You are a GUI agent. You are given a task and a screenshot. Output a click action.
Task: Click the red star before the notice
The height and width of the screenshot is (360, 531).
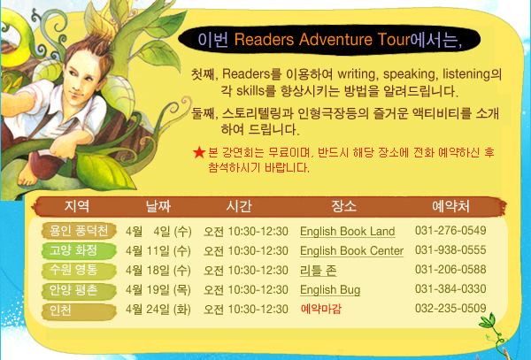click(199, 153)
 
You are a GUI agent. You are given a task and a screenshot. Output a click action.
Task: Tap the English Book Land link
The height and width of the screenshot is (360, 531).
click(348, 232)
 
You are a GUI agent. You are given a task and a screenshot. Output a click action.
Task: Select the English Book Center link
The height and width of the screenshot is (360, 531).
click(351, 250)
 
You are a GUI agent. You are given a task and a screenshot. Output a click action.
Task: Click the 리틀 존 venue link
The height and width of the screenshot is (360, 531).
click(318, 271)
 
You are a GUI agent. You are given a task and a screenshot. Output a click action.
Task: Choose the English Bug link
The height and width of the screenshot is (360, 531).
click(330, 290)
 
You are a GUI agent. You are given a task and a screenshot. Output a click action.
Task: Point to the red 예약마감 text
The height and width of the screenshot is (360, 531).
click(320, 309)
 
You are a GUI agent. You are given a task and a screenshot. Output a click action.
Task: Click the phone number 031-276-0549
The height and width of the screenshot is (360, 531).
click(450, 230)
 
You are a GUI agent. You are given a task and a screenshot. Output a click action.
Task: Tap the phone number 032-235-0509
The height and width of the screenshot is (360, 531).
click(450, 308)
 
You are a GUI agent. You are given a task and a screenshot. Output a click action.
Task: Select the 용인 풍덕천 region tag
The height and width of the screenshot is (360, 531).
click(79, 231)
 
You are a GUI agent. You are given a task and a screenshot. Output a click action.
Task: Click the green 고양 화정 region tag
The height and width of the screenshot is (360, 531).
click(79, 250)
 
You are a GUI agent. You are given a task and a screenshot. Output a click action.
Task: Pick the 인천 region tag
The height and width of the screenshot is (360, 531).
click(79, 310)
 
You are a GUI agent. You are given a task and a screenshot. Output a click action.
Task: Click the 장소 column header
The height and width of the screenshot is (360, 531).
click(343, 206)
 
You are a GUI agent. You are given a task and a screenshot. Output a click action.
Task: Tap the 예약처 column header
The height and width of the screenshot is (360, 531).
click(450, 206)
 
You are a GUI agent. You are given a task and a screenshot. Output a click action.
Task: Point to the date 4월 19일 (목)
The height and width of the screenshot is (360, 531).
click(158, 290)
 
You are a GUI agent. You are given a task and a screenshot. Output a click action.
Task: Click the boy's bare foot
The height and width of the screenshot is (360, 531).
click(27, 176)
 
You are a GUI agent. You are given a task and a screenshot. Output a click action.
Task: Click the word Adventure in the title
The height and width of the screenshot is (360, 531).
click(335, 40)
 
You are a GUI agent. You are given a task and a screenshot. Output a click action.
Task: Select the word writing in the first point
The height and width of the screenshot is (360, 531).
click(357, 73)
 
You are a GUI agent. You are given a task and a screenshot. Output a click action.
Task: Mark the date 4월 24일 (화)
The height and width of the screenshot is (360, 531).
click(158, 310)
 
